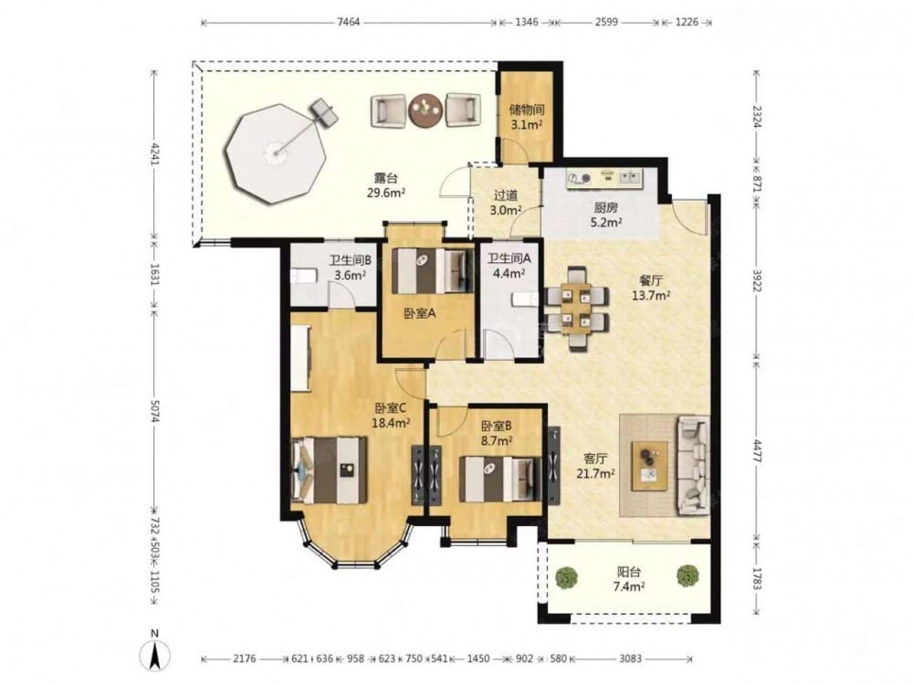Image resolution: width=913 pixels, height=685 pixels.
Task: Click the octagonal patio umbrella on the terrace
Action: coord(275,153)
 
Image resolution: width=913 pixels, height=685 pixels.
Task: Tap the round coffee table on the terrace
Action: coord(425,109)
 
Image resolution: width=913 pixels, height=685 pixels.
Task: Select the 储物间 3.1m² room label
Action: coord(527,117)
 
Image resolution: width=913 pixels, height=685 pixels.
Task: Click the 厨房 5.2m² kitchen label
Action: coord(605,214)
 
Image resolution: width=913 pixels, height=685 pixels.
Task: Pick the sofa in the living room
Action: coord(694,466)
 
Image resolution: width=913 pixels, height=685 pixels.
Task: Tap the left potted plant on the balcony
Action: coord(567,576)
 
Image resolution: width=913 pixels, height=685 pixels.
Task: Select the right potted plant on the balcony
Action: coord(687,574)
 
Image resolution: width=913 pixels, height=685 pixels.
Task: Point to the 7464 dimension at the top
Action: coord(349,22)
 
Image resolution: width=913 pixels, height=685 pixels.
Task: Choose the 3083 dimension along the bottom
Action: coord(630,659)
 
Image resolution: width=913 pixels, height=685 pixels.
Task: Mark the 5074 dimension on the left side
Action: coord(154,410)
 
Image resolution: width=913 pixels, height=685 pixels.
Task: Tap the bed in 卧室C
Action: coord(329,470)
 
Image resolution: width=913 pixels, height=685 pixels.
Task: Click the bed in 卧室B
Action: coord(499,479)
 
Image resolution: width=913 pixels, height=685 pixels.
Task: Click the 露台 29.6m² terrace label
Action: coord(386,185)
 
